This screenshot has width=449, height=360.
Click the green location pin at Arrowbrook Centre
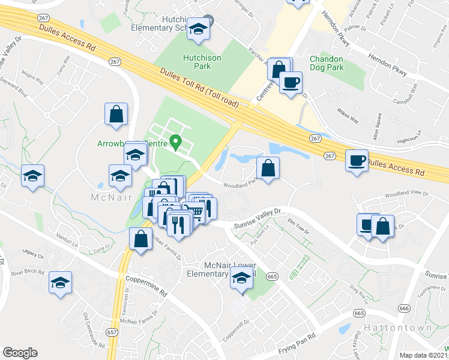pos(175,142)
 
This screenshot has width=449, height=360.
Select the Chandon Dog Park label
pos(326,63)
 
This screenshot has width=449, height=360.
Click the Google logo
pos(20,353)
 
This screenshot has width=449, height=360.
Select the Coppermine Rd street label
pos(146,285)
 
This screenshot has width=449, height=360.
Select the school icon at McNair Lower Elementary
pos(241,278)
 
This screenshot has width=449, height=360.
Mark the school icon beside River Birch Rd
pos(60,283)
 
